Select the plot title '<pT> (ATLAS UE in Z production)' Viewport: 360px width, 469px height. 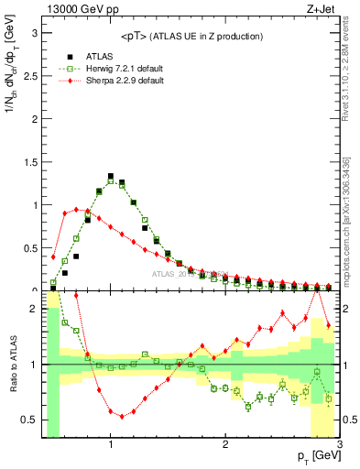[x=191, y=36]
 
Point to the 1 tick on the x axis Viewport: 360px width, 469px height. [x=111, y=445]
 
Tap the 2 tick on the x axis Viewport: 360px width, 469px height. [x=225, y=445]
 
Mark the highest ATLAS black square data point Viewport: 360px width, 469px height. [x=111, y=176]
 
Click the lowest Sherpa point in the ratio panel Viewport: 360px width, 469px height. [x=122, y=416]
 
